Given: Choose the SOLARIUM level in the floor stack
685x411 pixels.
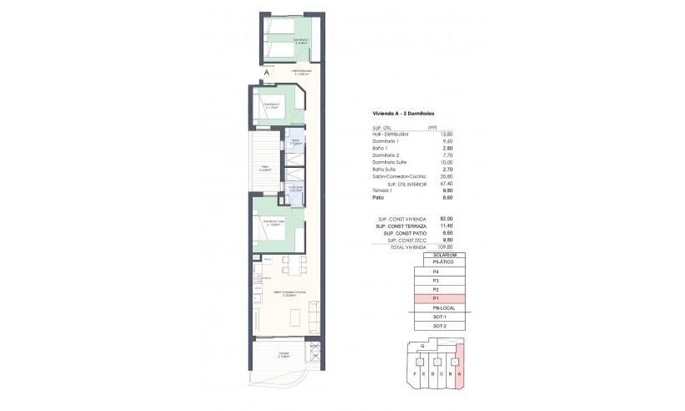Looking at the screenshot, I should click(x=436, y=255).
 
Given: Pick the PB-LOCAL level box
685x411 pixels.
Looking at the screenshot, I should click(x=436, y=308).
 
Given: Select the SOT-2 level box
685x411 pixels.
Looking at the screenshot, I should click(x=436, y=327).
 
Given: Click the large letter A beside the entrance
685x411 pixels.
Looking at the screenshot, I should click(x=266, y=73).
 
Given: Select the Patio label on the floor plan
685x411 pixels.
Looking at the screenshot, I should click(x=264, y=166).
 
